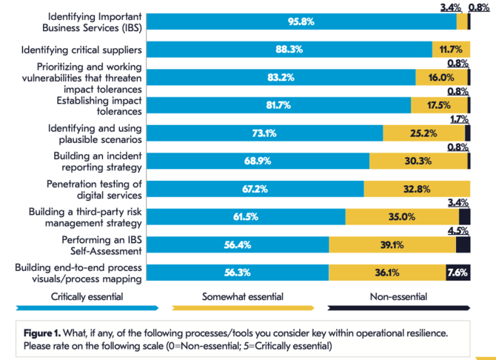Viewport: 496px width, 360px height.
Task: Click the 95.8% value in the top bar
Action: tap(301, 22)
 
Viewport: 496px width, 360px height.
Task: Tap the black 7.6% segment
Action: tap(458, 272)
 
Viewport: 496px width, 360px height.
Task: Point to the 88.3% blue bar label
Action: tap(289, 50)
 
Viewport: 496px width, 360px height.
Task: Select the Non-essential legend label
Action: tap(398, 296)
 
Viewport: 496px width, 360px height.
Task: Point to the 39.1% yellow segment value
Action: tap(392, 244)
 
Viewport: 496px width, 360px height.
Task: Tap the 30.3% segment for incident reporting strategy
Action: tap(419, 161)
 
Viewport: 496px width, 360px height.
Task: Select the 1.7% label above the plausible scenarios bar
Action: tap(459, 119)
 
